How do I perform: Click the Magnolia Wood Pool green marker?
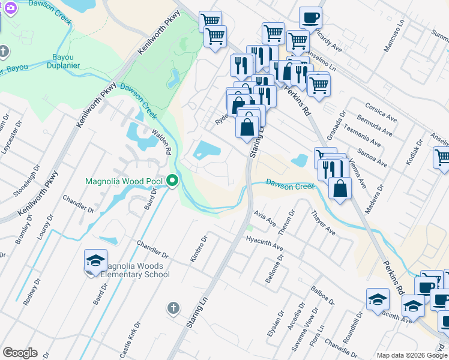click(x=173, y=180)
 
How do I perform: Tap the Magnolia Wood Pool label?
click(x=124, y=181)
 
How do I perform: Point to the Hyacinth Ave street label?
click(x=265, y=243)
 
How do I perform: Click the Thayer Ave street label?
click(x=323, y=222)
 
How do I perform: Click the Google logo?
click(x=20, y=353)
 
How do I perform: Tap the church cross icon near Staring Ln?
click(x=173, y=308)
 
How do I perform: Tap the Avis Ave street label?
click(x=264, y=218)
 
